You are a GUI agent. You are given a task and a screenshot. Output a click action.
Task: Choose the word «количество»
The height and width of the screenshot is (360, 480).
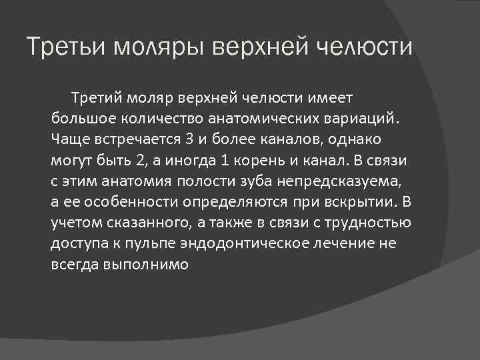(x=161, y=119)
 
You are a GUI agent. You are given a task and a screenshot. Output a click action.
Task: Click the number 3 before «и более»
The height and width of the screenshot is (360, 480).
(x=190, y=140)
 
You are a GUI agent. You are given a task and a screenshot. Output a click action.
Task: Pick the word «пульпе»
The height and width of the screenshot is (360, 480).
(x=159, y=243)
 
